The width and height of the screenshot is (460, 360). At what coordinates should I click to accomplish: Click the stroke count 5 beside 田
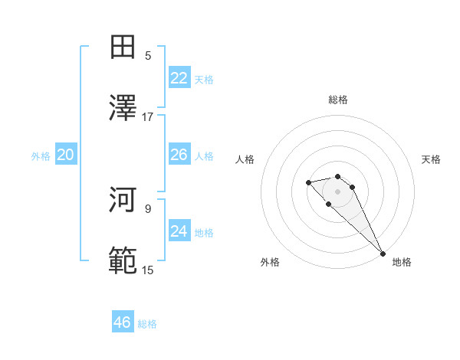click(x=148, y=55)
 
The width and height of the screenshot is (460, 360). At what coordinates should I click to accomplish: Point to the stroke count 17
click(x=148, y=117)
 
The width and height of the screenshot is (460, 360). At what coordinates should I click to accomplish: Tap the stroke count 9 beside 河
click(x=148, y=208)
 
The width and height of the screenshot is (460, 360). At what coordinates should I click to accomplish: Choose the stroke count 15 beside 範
click(x=148, y=270)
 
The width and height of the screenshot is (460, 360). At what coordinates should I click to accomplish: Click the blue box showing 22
click(x=179, y=78)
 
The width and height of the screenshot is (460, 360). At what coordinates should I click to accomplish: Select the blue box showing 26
click(x=179, y=155)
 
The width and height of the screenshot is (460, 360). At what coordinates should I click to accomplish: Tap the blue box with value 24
click(x=179, y=231)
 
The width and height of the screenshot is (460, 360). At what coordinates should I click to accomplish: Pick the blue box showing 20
click(x=66, y=155)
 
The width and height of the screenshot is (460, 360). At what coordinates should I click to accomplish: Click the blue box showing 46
click(x=123, y=322)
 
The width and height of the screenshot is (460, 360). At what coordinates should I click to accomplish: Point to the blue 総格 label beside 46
click(x=147, y=324)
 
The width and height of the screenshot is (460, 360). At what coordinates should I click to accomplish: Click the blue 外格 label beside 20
click(x=41, y=156)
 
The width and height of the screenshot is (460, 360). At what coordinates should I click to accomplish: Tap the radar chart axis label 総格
click(x=338, y=100)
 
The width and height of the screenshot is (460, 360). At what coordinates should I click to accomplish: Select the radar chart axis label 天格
click(x=432, y=159)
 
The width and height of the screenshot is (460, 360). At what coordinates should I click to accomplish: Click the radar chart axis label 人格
click(x=245, y=159)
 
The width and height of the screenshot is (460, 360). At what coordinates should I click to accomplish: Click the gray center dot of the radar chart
click(x=338, y=191)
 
